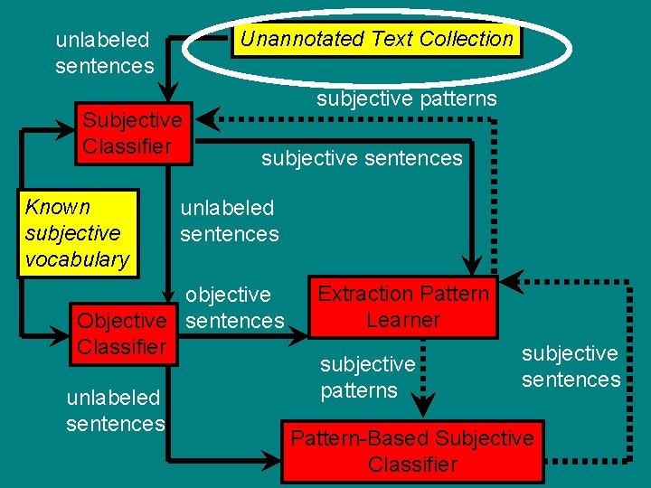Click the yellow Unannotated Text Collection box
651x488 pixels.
(x=376, y=39)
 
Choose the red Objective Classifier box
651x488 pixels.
(x=122, y=333)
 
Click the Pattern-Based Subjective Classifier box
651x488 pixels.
(x=412, y=451)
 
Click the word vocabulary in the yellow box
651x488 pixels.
(x=77, y=259)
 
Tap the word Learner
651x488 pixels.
(x=403, y=320)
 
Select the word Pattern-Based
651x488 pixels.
(x=359, y=438)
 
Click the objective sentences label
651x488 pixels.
(x=234, y=307)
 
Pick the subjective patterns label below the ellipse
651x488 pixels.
(x=406, y=99)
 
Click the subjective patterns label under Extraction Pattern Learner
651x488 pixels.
(x=367, y=377)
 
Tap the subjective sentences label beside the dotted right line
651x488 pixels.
(x=571, y=366)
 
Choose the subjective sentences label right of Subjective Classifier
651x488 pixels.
(x=362, y=159)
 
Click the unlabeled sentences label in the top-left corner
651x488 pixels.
(x=104, y=52)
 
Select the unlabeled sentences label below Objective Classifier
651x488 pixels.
(x=115, y=410)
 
